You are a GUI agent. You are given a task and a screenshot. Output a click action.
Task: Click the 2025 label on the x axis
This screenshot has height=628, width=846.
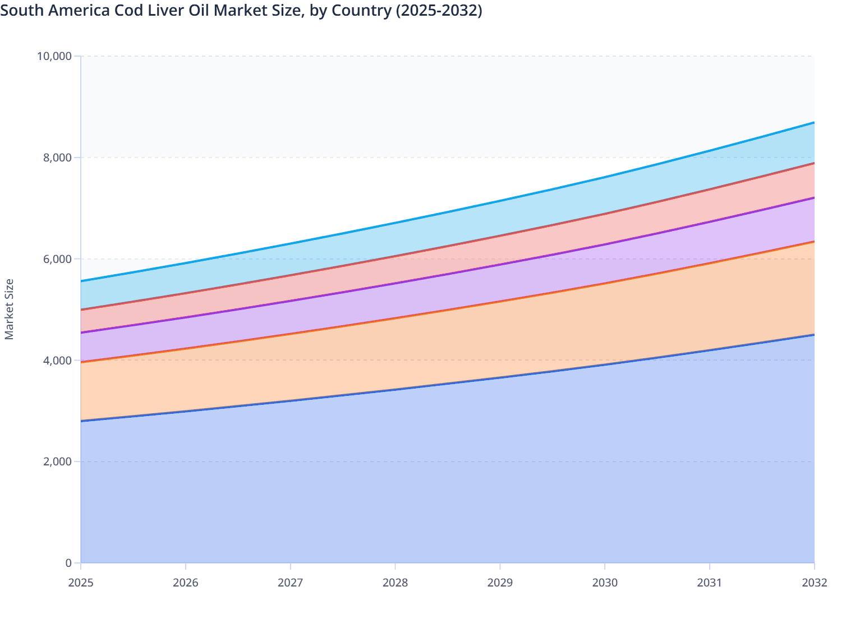81,583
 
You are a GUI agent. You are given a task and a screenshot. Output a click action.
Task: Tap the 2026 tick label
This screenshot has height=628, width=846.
186,583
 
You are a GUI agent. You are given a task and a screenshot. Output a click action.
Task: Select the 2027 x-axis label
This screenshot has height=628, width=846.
291,583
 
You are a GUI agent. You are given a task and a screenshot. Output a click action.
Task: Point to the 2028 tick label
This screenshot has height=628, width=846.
396,583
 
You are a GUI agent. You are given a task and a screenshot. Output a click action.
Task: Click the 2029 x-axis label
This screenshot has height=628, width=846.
500,583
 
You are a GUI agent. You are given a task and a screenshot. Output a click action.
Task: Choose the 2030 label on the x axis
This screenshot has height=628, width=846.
605,583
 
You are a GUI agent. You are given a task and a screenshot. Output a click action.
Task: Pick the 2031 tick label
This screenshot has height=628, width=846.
710,583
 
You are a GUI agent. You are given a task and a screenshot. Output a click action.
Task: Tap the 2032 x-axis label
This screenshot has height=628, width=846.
814,583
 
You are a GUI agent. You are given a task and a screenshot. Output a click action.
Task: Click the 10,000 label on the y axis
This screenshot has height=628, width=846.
54,56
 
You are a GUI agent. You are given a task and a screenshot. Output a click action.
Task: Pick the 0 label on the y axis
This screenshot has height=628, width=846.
68,563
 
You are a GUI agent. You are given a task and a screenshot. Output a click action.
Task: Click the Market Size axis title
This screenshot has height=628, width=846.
9,309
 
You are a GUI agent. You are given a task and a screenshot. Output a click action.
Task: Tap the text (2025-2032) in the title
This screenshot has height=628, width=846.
439,11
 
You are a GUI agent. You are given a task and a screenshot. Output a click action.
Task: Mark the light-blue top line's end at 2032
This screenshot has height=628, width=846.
814,122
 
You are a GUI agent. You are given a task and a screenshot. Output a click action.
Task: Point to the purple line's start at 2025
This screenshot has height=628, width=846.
81,333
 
